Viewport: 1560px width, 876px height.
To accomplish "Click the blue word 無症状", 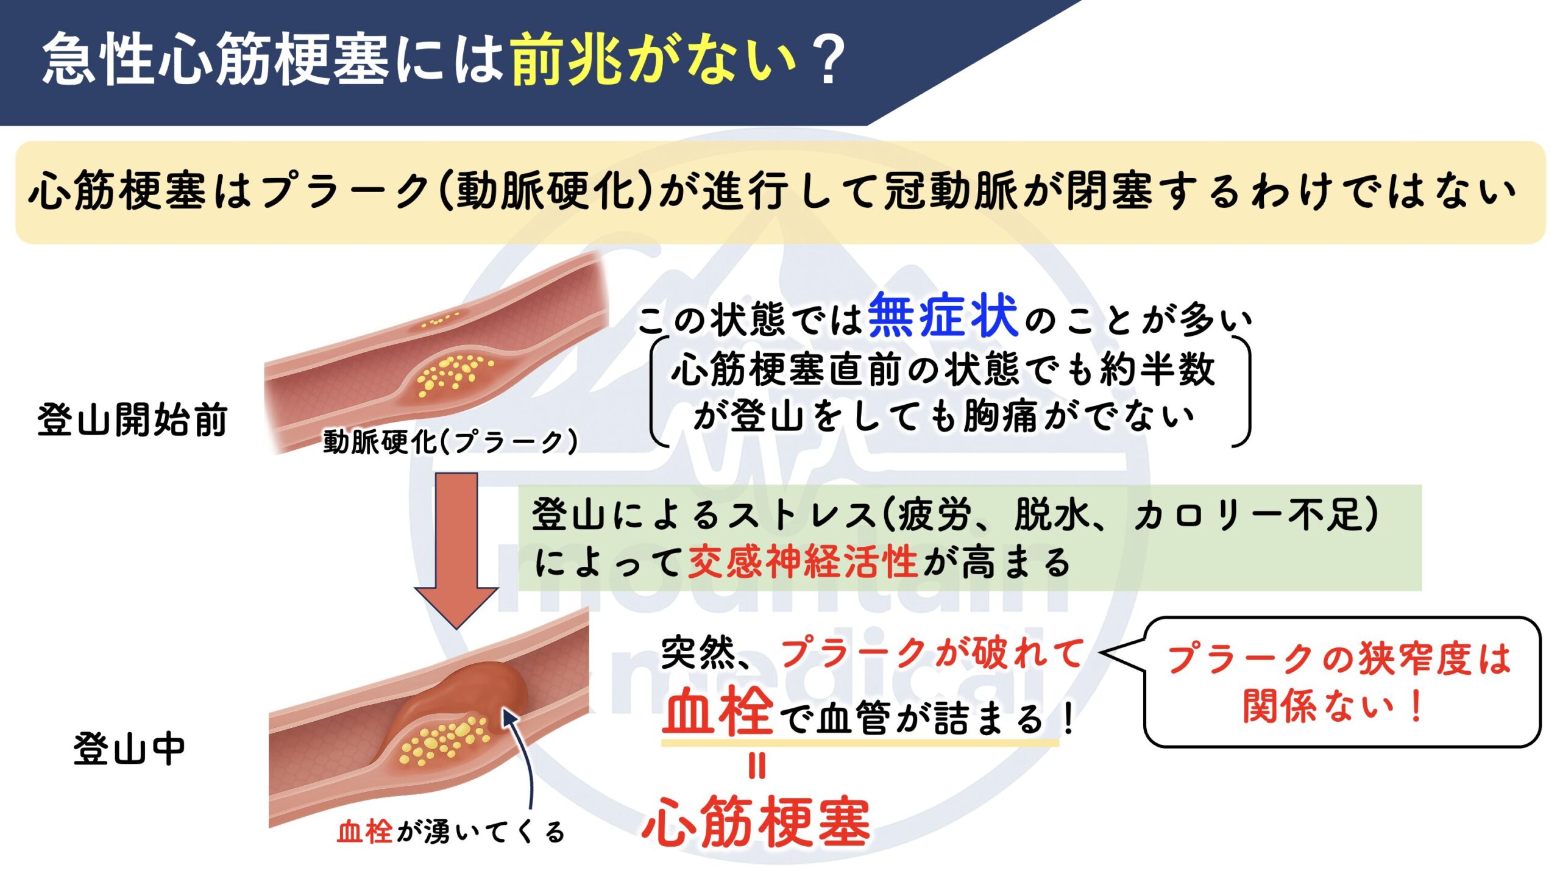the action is coord(943,315).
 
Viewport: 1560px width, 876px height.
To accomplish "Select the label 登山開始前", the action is coord(132,419).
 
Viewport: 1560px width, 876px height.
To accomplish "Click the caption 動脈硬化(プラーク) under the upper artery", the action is coord(450,441).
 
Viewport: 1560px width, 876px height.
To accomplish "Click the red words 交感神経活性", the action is coord(803,561).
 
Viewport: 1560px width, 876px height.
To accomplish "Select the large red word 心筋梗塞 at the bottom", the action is coord(756,821).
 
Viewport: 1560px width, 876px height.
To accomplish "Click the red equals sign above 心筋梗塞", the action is coord(756,766).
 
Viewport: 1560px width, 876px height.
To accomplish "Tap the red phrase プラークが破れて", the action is coord(932,653).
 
